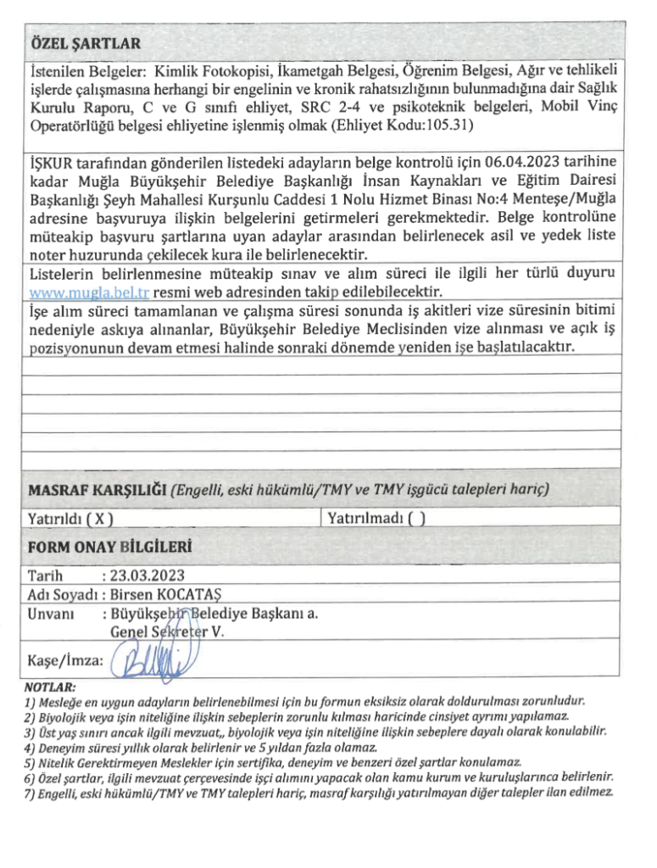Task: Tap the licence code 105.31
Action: (449, 125)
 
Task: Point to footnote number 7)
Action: (31, 793)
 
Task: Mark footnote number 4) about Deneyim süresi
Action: (31, 748)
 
